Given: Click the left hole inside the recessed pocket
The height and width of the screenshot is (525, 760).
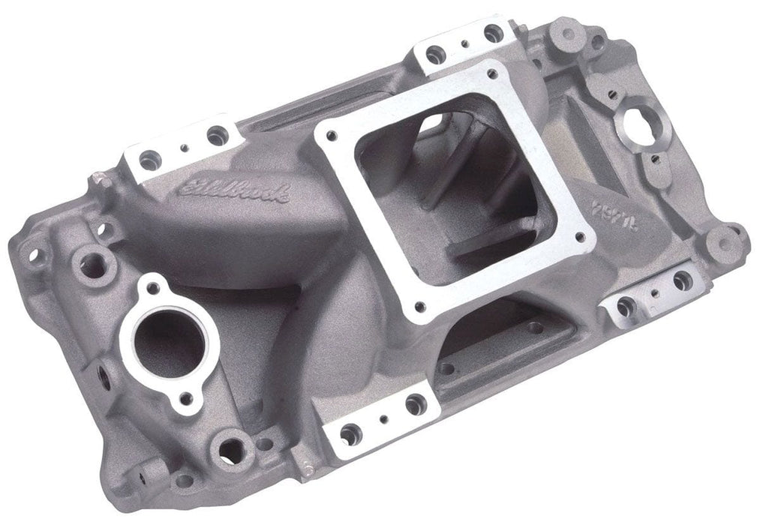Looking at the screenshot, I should pos(446,368).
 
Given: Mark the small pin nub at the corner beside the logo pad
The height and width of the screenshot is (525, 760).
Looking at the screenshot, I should pos(97,177).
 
